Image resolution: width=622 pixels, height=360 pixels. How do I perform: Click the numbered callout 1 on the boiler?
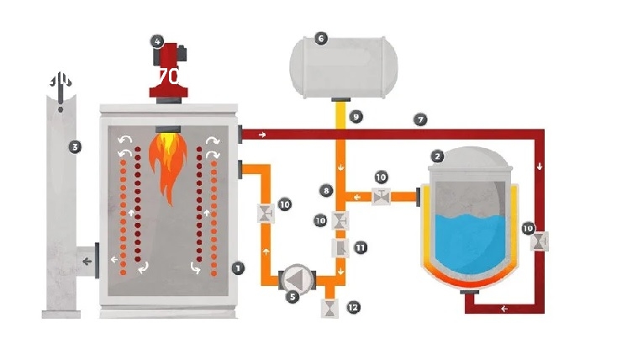pos(239,267)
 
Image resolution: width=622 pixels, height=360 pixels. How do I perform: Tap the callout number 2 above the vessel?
pos(437,156)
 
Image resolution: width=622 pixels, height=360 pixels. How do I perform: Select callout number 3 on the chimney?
pos(76,147)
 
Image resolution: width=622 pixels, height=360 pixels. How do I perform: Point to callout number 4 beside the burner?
pos(157,40)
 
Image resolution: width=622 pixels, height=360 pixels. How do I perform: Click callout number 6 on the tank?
pos(319,38)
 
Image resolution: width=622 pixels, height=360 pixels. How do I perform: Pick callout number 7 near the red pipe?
pos(419,119)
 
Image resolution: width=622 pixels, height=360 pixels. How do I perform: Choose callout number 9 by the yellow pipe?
pos(356,117)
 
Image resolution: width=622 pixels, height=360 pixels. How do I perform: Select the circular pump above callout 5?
pos(296,278)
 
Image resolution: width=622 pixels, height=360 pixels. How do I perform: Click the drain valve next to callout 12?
pos(329,308)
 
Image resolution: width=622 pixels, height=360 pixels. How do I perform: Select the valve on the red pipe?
pos(539,241)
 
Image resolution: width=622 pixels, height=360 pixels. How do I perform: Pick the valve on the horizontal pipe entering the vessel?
pos(382,197)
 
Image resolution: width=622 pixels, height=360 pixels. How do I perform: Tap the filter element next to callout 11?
pos(340,249)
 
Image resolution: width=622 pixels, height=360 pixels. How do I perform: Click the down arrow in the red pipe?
pos(539,167)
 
